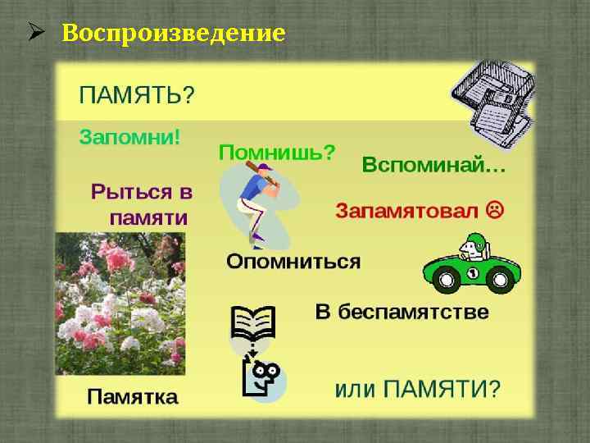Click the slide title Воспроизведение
click(174, 34)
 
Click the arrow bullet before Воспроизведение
click(35, 34)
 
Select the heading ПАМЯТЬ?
click(137, 94)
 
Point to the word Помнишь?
click(277, 152)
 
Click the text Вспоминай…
click(433, 165)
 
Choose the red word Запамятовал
click(406, 210)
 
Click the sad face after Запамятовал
click(495, 209)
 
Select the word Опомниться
click(293, 262)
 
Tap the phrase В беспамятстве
click(402, 313)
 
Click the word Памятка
click(133, 397)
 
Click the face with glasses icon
click(264, 378)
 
